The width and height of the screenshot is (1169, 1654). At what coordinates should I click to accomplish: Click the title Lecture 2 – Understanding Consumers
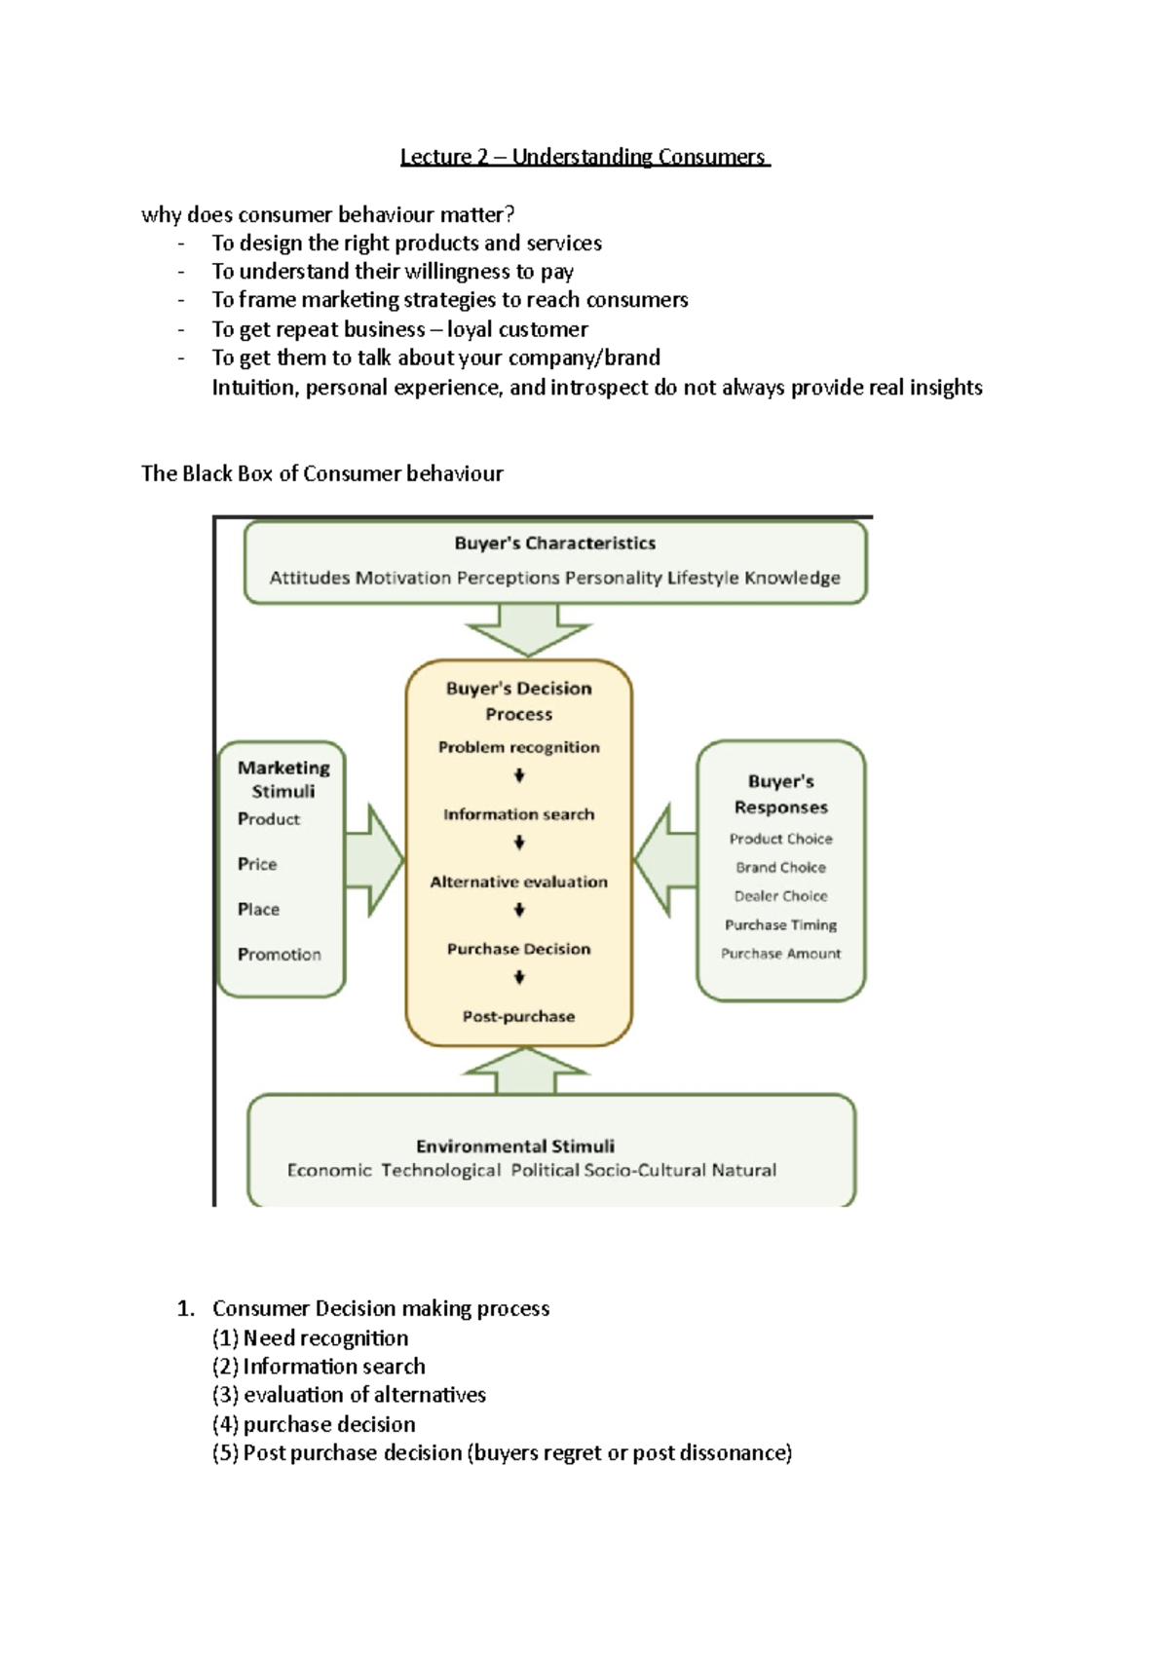584,157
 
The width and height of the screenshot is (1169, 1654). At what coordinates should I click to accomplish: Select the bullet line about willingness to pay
393,272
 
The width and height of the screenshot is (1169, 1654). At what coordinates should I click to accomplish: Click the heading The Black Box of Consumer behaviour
321,474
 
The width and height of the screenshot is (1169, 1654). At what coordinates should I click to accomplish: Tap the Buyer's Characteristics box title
554,544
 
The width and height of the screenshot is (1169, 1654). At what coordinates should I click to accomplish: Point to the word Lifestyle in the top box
702,578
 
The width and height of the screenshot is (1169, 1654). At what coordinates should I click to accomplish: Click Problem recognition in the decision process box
518,747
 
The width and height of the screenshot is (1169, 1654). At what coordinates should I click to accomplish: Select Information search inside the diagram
518,814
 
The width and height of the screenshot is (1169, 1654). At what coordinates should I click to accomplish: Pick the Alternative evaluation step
518,882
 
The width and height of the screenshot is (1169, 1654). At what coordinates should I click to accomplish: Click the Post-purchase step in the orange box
518,1016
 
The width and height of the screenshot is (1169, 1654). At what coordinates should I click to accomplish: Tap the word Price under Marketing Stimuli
257,864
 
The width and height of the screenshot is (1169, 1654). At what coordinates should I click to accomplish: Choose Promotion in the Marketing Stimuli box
279,955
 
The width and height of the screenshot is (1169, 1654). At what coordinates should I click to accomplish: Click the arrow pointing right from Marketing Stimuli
374,861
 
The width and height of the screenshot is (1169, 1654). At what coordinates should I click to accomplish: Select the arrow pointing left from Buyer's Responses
664,861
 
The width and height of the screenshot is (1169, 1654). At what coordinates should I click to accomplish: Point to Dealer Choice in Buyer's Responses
780,896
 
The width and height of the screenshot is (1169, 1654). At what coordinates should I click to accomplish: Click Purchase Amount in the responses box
780,954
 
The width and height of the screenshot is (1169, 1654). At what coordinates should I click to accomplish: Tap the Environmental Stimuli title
514,1147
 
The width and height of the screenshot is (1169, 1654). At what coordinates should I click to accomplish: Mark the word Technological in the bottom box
440,1170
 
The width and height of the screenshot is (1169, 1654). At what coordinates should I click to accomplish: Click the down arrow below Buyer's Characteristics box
528,629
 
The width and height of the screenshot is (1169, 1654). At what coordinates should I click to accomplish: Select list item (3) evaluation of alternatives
349,1395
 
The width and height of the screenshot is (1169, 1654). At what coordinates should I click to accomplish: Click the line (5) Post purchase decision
502,1453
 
